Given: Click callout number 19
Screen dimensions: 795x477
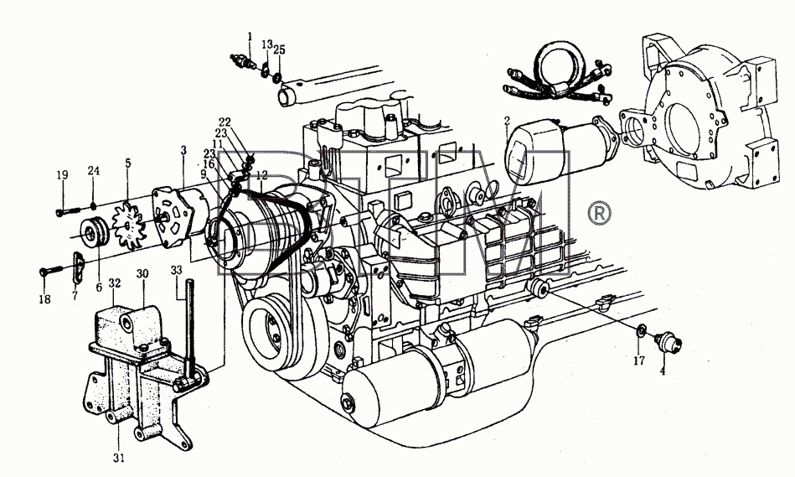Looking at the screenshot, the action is tap(62, 175).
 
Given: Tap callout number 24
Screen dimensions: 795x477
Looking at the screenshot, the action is tap(93, 170).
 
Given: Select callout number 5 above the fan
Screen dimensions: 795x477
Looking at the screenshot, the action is tap(128, 163).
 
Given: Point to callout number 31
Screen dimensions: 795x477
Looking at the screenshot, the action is tap(119, 458).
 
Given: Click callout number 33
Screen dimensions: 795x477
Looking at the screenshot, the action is tap(176, 271).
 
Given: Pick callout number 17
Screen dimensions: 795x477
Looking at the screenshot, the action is tap(639, 360).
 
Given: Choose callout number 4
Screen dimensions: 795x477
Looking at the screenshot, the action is tap(662, 371).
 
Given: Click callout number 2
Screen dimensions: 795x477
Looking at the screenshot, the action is tap(507, 121).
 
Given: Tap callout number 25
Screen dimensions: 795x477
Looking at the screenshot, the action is tap(279, 49).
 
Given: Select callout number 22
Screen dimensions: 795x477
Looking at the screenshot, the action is tap(225, 122).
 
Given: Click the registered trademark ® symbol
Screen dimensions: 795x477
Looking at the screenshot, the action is tap(599, 214).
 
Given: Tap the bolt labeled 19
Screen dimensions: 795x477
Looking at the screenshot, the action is tap(69, 210).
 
